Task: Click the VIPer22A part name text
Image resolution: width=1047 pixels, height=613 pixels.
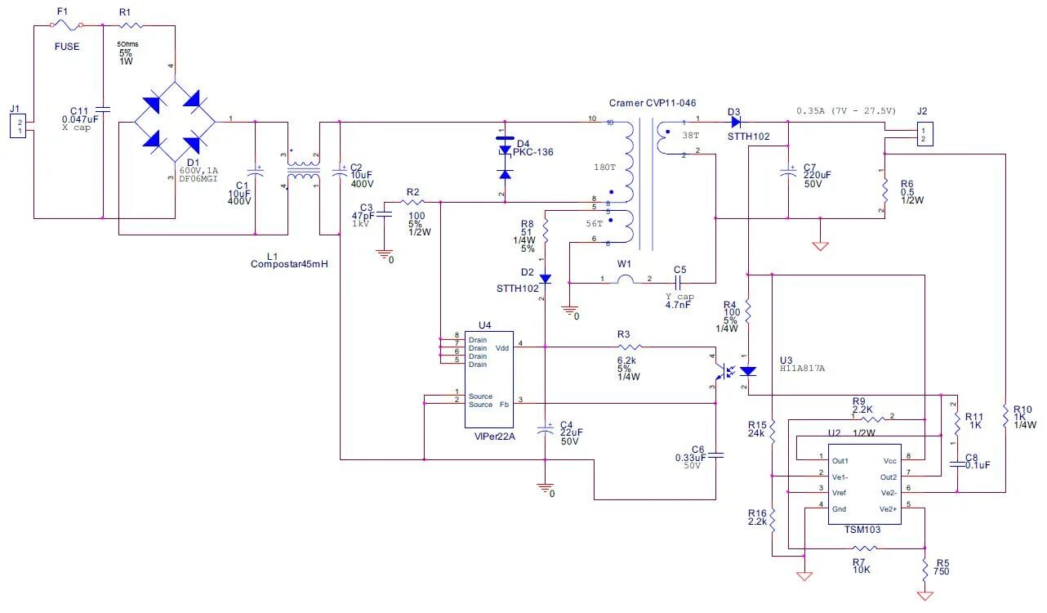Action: click(490, 436)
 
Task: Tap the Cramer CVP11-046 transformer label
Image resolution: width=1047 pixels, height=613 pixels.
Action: click(653, 103)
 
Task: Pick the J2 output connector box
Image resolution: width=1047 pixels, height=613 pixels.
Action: click(923, 132)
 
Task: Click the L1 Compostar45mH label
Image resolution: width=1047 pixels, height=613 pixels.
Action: click(290, 264)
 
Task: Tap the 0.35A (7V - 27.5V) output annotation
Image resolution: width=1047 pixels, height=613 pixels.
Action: click(846, 110)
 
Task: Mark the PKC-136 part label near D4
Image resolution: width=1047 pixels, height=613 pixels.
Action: click(534, 152)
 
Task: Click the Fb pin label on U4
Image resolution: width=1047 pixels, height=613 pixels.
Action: click(504, 404)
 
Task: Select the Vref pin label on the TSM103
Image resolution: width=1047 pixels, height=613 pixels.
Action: click(840, 492)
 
